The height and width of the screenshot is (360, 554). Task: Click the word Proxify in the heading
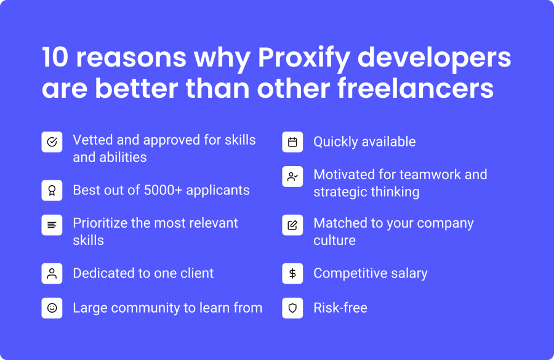[x=304, y=58]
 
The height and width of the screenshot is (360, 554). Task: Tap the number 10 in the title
[x=55, y=57]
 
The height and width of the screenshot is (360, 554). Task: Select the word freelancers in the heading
[x=415, y=88]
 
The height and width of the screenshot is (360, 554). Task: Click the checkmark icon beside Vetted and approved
[x=52, y=142]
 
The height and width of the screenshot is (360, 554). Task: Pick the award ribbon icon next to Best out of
[x=52, y=190]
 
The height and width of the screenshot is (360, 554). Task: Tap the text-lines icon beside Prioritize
[x=52, y=225]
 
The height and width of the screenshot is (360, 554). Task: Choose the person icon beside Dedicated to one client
[x=52, y=273]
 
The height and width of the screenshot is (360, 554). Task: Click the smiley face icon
[x=52, y=308]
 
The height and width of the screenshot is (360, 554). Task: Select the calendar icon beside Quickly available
[x=292, y=142]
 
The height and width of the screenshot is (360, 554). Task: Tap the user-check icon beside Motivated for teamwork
[x=292, y=177]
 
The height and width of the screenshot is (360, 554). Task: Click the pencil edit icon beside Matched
[x=292, y=225]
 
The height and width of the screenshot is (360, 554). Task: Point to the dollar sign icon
[x=292, y=273]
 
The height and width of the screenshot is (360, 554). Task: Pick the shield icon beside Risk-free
[x=292, y=308]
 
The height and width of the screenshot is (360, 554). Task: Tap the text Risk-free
[x=340, y=308]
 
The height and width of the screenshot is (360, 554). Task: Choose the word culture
[x=335, y=240]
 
